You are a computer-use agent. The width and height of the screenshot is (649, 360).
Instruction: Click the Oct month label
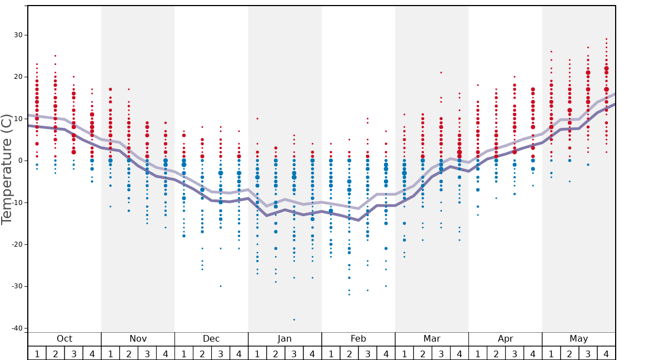(x=64, y=339)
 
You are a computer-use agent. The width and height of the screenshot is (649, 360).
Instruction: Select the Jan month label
(x=284, y=339)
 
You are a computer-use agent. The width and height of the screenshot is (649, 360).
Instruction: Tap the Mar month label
(x=432, y=339)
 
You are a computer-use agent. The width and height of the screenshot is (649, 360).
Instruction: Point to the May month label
(x=578, y=339)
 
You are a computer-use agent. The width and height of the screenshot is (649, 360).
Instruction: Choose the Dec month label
(x=211, y=339)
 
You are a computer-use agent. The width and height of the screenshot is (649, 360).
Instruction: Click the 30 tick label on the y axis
(x=18, y=35)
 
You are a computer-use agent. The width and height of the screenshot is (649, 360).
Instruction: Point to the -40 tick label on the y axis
(x=17, y=328)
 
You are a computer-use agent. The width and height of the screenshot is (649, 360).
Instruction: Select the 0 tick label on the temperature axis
(x=21, y=161)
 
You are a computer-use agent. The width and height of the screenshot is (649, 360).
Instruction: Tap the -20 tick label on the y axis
(x=17, y=244)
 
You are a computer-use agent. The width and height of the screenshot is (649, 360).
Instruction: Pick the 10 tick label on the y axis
(x=18, y=119)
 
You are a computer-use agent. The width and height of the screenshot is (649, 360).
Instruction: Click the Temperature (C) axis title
(x=7, y=169)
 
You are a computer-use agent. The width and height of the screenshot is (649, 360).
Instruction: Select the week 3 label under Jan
(x=294, y=353)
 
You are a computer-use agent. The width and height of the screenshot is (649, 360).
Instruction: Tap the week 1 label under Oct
(x=37, y=353)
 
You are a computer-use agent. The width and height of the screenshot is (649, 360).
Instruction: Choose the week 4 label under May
(x=606, y=353)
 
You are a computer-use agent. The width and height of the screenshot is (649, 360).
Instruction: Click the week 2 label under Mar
(x=422, y=353)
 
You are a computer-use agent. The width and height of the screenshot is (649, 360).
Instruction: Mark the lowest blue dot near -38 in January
(x=294, y=319)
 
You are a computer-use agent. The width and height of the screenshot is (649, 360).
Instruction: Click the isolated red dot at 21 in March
(x=441, y=72)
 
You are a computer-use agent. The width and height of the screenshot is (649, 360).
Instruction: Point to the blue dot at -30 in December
(x=221, y=286)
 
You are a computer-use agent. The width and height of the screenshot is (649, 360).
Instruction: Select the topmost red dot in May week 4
(x=606, y=39)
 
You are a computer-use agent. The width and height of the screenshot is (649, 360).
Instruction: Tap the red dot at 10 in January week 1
(x=257, y=118)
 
